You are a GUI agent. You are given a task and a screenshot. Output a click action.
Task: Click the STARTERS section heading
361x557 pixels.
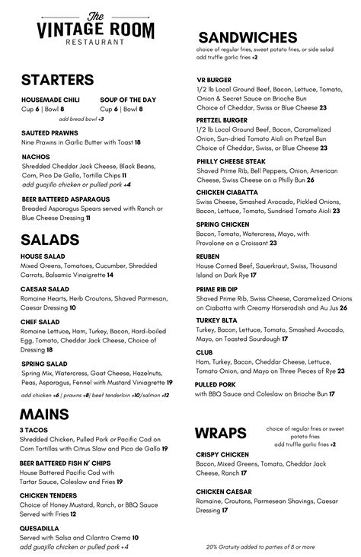[58, 80]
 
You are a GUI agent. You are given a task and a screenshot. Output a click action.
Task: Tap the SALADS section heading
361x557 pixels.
[50, 240]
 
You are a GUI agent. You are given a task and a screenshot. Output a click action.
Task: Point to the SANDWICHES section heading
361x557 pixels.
[248, 38]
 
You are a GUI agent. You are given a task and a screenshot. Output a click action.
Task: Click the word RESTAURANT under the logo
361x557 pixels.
[95, 43]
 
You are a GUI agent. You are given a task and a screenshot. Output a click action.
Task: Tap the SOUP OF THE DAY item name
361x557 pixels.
[127, 100]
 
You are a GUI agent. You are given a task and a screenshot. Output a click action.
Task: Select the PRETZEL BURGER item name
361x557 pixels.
[221, 120]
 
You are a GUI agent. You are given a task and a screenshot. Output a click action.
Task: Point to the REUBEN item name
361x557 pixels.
[208, 256]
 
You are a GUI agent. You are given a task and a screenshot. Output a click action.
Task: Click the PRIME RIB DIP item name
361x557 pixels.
[217, 289]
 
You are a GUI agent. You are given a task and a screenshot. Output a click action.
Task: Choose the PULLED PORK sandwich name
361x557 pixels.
[216, 384]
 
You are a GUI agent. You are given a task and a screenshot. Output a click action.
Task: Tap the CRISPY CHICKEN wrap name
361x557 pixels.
[222, 454]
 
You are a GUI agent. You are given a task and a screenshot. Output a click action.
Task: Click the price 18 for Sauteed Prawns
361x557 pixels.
[137, 142]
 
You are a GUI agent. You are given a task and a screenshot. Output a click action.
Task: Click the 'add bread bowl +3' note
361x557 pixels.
[81, 119]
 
